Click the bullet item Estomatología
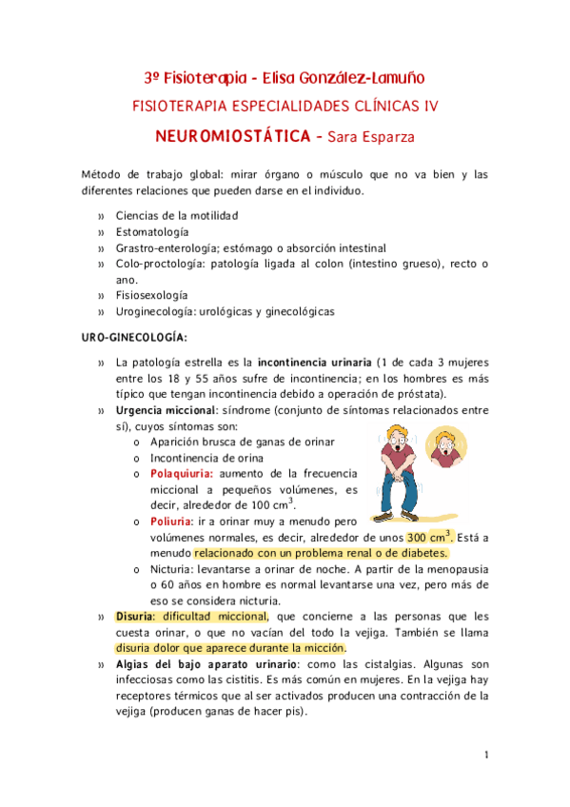click(152, 231)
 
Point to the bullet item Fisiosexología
click(152, 294)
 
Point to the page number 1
click(485, 756)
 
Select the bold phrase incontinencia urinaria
click(312, 363)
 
